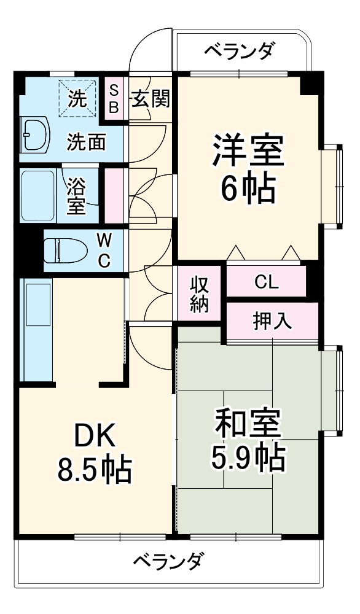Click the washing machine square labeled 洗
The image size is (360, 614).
pyautogui.click(x=77, y=98)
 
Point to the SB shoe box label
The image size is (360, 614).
pyautogui.click(x=114, y=98)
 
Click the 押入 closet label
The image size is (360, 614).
pyautogui.click(x=272, y=321)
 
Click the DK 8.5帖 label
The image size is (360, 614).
pyautogui.click(x=94, y=453)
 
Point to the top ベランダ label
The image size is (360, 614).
pyautogui.click(x=238, y=50)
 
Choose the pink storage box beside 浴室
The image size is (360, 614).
pyautogui.click(x=114, y=196)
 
